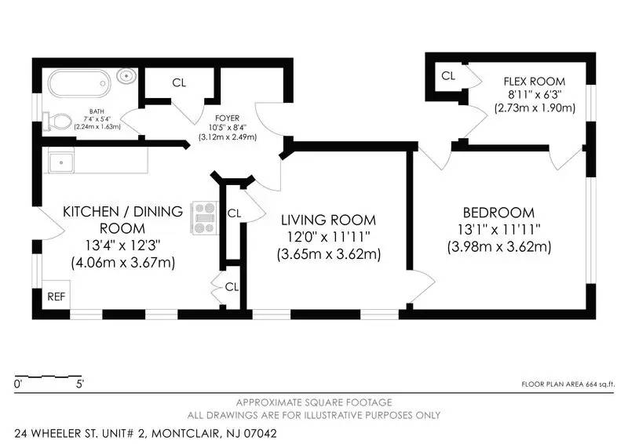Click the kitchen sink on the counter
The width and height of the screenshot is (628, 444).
click(x=60, y=162)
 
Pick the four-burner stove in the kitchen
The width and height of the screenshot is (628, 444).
click(x=204, y=219)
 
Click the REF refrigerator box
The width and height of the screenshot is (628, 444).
click(x=56, y=297)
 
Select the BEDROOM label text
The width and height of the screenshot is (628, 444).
click(x=498, y=213)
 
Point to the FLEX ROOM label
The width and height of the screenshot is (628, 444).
click(x=535, y=82)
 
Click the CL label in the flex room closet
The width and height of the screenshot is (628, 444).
click(x=448, y=76)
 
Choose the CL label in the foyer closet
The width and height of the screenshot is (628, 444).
click(x=179, y=82)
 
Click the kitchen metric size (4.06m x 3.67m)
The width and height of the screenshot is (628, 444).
click(x=122, y=262)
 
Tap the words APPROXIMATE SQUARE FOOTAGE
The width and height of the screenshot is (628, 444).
click(x=314, y=402)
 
